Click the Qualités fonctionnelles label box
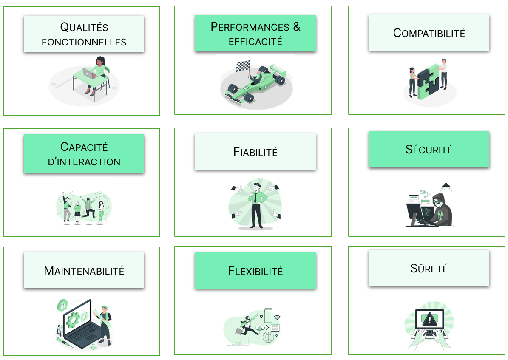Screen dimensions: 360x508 [x=84, y=34]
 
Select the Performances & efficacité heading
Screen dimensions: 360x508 [x=255, y=34]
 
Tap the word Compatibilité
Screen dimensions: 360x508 [x=429, y=33]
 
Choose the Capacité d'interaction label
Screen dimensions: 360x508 [x=84, y=154]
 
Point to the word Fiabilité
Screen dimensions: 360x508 [x=255, y=152]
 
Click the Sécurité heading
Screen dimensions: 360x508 [x=429, y=149]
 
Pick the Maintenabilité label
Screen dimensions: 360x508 [x=84, y=270]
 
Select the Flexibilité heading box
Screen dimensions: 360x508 [x=255, y=271]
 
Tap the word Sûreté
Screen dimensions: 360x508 [x=429, y=268]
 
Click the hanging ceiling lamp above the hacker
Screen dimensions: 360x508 [x=446, y=185]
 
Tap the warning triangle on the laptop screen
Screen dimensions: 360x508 [x=429, y=318]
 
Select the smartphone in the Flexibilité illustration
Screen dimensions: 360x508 [x=268, y=315]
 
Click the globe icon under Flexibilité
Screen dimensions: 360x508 [x=268, y=337]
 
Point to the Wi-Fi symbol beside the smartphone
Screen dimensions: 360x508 [x=277, y=317]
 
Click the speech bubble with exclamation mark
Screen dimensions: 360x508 [x=63, y=304]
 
